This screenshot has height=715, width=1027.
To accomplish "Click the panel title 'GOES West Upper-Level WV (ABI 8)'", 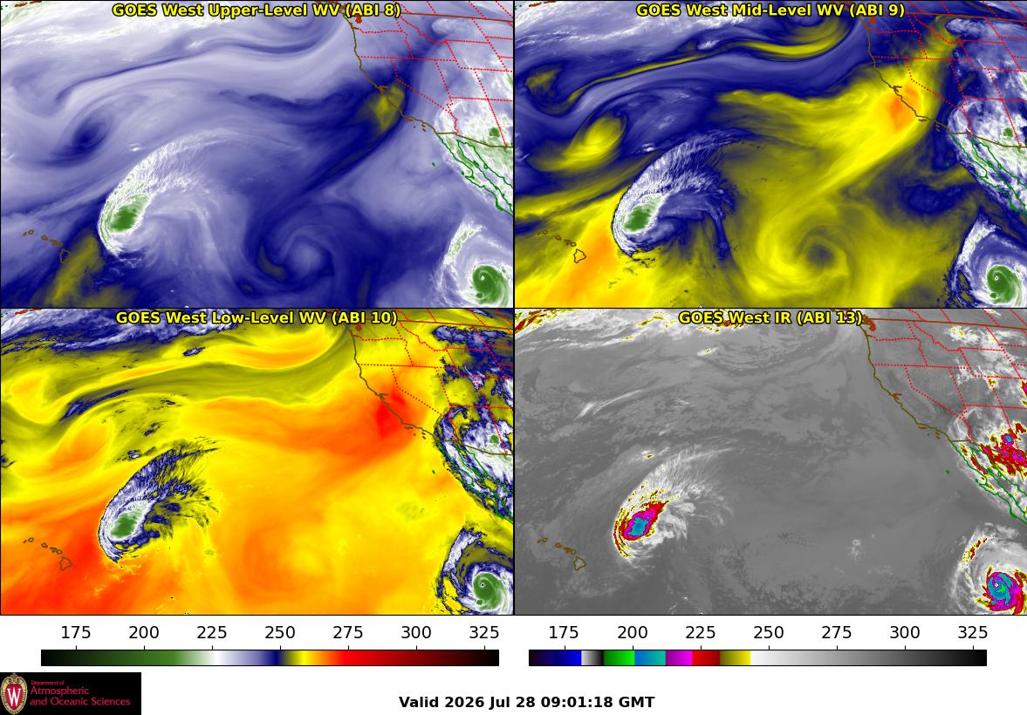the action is click(x=256, y=10).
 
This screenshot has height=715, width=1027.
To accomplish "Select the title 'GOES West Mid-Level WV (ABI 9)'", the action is click(x=770, y=10).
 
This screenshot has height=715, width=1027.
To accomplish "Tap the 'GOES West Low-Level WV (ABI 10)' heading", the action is click(x=256, y=317).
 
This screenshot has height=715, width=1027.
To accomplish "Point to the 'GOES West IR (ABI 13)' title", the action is click(x=770, y=317).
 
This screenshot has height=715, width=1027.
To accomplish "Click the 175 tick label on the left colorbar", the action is click(x=76, y=632).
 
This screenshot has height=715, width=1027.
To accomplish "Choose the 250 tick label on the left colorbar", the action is click(x=280, y=632).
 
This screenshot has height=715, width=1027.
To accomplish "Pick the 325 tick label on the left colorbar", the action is click(x=484, y=632).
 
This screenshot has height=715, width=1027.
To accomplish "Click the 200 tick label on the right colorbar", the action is click(x=632, y=632).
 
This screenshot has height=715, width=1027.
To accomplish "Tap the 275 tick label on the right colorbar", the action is click(x=837, y=632).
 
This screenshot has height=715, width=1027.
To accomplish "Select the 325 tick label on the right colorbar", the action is click(x=973, y=632).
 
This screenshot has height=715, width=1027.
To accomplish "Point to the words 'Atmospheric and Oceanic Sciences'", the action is click(x=80, y=696).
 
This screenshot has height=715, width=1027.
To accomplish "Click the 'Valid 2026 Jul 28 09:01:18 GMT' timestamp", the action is click(x=527, y=703).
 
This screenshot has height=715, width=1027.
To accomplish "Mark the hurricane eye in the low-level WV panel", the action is click(x=482, y=584).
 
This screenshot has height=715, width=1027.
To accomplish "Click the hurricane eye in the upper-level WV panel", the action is click(x=485, y=278).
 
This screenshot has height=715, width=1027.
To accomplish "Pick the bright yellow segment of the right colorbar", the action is click(x=736, y=658).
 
